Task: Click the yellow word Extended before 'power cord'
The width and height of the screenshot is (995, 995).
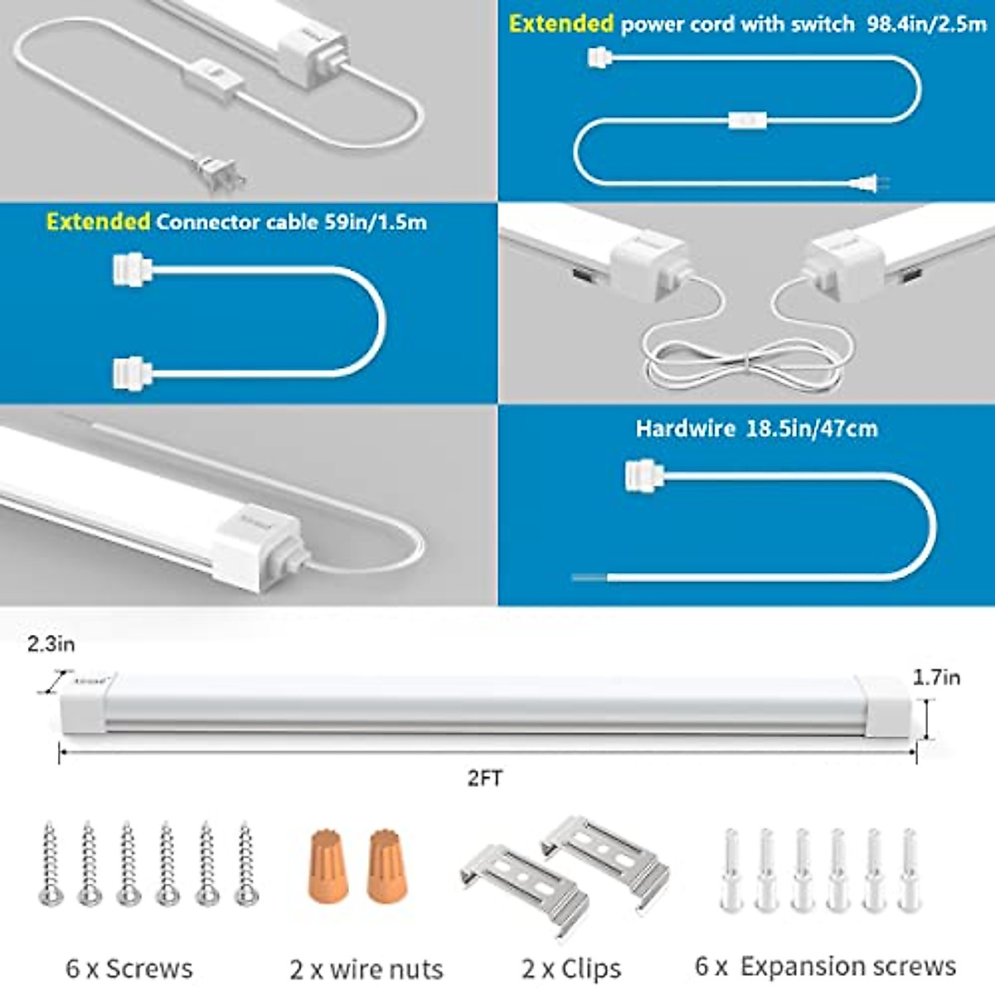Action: (561, 23)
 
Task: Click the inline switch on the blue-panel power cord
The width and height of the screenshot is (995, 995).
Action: (748, 120)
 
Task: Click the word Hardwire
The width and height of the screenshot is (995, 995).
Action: (685, 429)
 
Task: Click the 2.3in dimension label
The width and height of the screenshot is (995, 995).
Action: (51, 643)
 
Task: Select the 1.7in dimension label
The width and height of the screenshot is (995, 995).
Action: (936, 677)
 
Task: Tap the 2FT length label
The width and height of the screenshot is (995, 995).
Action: (485, 778)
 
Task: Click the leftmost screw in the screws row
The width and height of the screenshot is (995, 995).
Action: (51, 862)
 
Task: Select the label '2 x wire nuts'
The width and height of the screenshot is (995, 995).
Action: (366, 968)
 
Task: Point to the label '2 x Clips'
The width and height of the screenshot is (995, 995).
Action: (571, 968)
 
